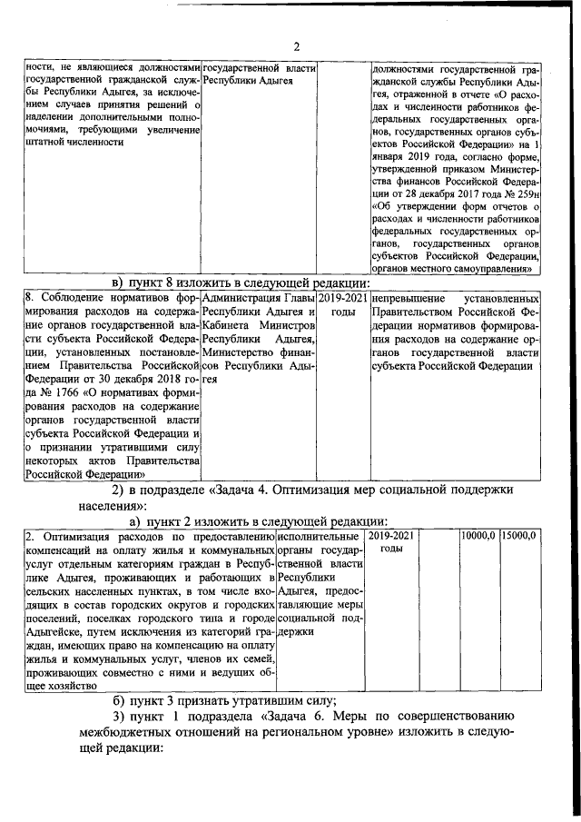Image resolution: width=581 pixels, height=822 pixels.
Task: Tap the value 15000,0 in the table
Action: coord(520,537)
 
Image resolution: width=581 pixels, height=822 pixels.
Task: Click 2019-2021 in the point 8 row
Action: coord(343,299)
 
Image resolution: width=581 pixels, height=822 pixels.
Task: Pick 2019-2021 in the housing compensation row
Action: coord(391,537)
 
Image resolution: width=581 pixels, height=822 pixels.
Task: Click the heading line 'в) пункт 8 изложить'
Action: coord(235,282)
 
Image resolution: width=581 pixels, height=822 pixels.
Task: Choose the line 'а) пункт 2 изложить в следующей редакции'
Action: coord(258,521)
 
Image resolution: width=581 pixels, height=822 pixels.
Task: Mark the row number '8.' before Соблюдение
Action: coord(29,299)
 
